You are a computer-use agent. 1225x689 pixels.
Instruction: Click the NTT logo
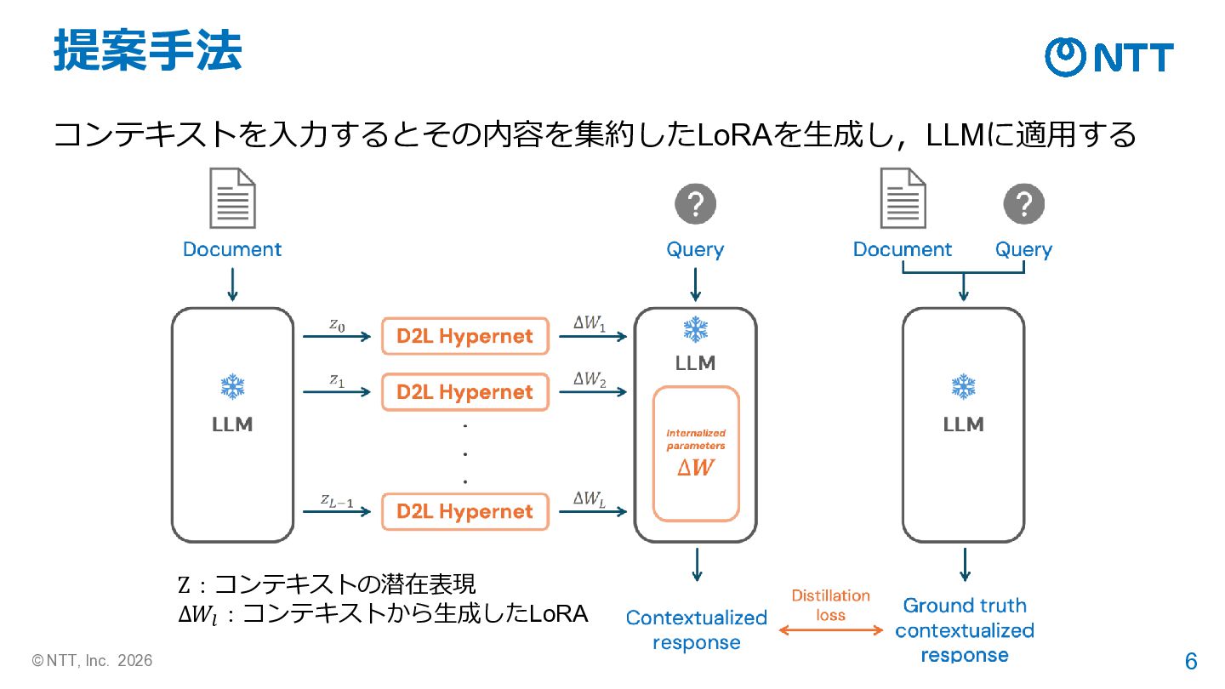click(x=1109, y=57)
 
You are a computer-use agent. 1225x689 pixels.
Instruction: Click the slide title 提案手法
click(x=148, y=50)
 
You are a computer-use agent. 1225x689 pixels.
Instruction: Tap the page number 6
click(x=1191, y=661)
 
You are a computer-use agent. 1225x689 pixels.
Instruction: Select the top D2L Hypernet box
click(x=464, y=336)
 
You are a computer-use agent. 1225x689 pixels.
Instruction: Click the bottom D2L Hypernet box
click(x=464, y=512)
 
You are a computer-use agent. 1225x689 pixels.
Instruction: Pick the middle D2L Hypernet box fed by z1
click(x=464, y=392)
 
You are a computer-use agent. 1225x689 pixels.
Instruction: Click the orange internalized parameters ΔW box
click(x=696, y=454)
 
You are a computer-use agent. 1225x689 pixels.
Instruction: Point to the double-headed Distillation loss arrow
click(x=830, y=630)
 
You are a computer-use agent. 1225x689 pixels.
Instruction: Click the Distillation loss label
click(x=830, y=606)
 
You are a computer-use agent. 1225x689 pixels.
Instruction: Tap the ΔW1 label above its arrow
click(x=589, y=323)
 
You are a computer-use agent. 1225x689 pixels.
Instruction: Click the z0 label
click(x=337, y=325)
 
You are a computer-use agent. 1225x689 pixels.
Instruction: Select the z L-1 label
click(x=336, y=500)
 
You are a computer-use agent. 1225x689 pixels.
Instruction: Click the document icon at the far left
click(x=232, y=198)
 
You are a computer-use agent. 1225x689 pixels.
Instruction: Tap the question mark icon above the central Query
click(x=695, y=204)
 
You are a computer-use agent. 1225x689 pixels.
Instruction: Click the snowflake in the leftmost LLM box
click(x=232, y=386)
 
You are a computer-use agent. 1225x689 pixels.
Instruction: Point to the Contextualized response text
click(x=696, y=630)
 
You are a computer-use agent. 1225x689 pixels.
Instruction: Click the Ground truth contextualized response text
click(x=965, y=630)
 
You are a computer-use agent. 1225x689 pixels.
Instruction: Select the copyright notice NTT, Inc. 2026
click(x=92, y=661)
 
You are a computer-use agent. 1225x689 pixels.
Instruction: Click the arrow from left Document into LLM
click(x=232, y=284)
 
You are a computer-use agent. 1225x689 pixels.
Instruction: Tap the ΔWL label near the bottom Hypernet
click(x=589, y=499)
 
